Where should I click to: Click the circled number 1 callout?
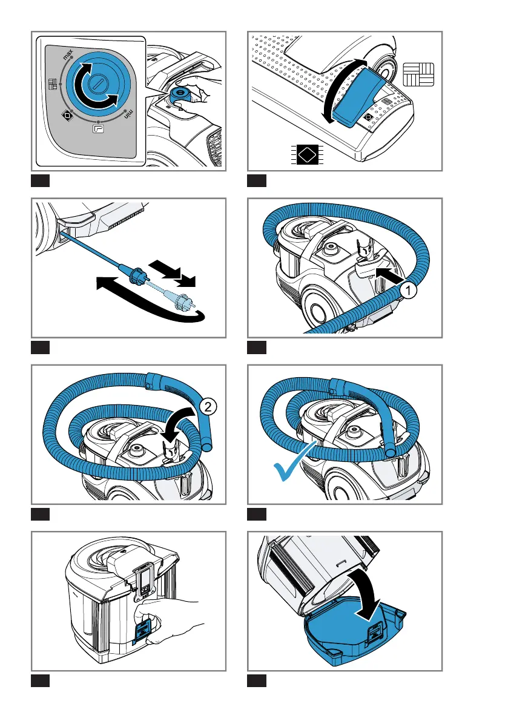click(x=409, y=291)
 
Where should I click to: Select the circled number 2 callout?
click(x=207, y=408)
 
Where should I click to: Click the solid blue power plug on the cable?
click(x=136, y=279)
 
